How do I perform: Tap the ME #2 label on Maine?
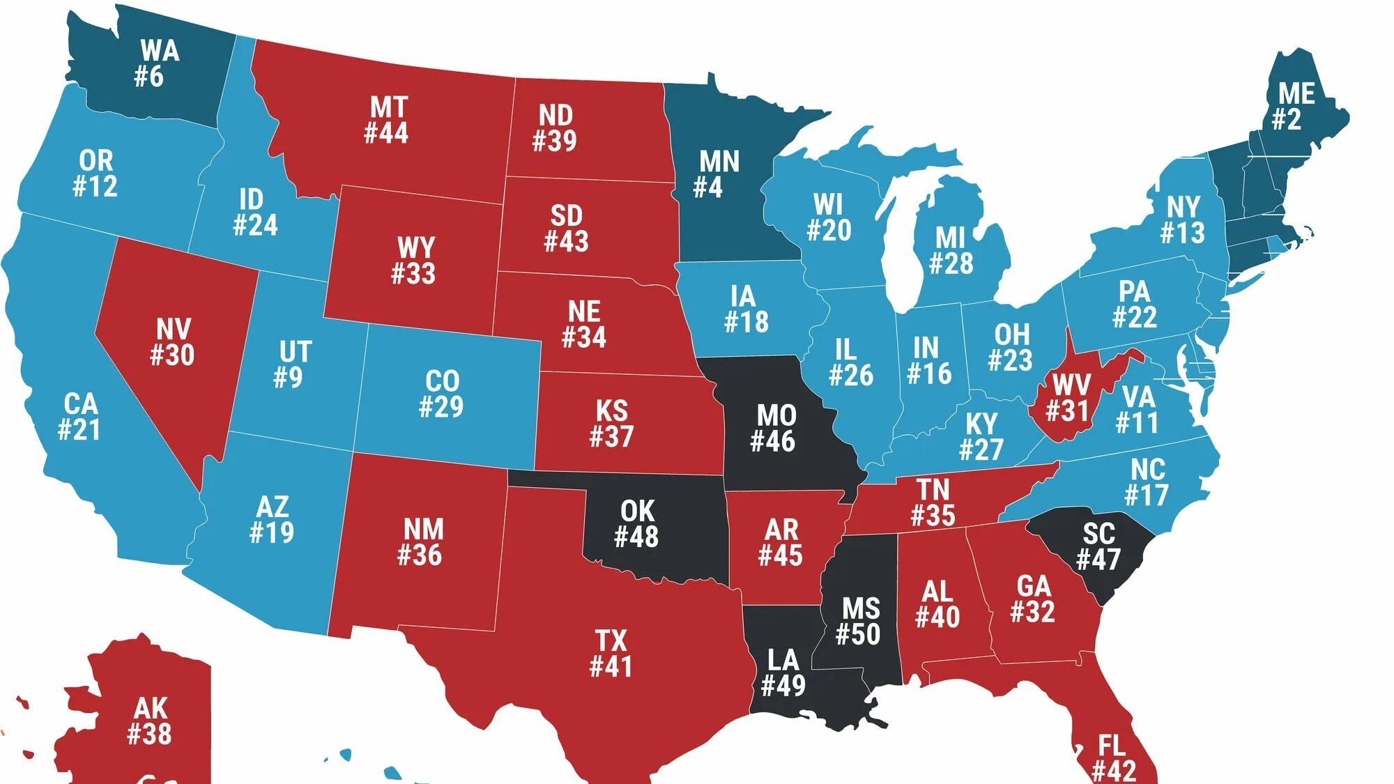[x=1295, y=106]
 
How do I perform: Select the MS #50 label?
[x=859, y=621]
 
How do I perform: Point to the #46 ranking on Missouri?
[x=772, y=441]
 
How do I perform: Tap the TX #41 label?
[x=611, y=653]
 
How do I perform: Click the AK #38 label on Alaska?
[x=149, y=721]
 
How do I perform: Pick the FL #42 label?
[x=1113, y=759]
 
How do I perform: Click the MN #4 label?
[x=717, y=174]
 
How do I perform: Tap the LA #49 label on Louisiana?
[x=783, y=672]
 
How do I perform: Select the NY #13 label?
[x=1183, y=219]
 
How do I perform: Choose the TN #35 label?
[x=933, y=502]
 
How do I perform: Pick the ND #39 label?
[x=555, y=128]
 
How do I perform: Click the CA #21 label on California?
[x=79, y=417]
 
